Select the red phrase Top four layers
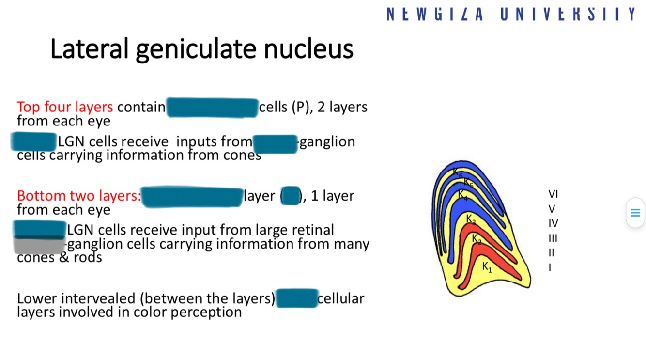pyautogui.click(x=65, y=107)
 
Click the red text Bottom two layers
pyautogui.click(x=79, y=196)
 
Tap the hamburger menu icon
pyautogui.click(x=635, y=213)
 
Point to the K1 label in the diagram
pyautogui.click(x=487, y=266)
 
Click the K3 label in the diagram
pyautogui.click(x=471, y=219)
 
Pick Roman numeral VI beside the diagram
pyautogui.click(x=553, y=194)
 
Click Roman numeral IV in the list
pyautogui.click(x=553, y=223)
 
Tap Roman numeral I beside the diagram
pyautogui.click(x=550, y=267)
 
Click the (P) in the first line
pyautogui.click(x=300, y=107)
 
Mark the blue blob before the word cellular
pyautogui.click(x=296, y=298)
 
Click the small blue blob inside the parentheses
pyautogui.click(x=291, y=196)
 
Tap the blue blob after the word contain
pyautogui.click(x=212, y=108)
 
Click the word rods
pyautogui.click(x=88, y=257)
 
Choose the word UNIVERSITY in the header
pyautogui.click(x=568, y=14)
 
